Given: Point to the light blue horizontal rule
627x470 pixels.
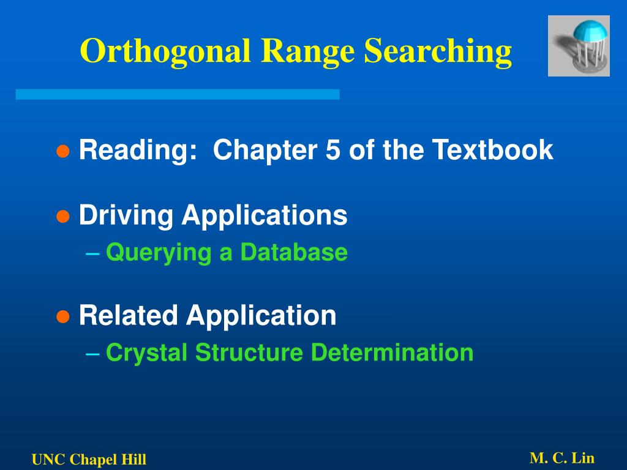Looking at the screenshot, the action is click(x=178, y=94).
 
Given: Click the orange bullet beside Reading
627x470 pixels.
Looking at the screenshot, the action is click(x=63, y=152).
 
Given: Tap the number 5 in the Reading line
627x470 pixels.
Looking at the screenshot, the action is click(x=332, y=150).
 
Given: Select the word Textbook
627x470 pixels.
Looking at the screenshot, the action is click(x=493, y=150).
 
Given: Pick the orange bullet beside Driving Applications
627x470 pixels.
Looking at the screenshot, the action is click(x=63, y=217).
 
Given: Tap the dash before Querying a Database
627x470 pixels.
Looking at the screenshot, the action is click(x=93, y=253).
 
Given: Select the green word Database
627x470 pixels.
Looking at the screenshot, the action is click(x=295, y=252).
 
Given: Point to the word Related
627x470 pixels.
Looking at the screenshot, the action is click(x=129, y=315).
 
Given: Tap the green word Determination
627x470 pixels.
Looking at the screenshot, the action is click(x=392, y=352).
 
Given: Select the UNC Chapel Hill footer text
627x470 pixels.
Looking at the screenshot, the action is click(x=89, y=460).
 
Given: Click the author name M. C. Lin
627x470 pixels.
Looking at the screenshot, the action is click(x=562, y=458).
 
